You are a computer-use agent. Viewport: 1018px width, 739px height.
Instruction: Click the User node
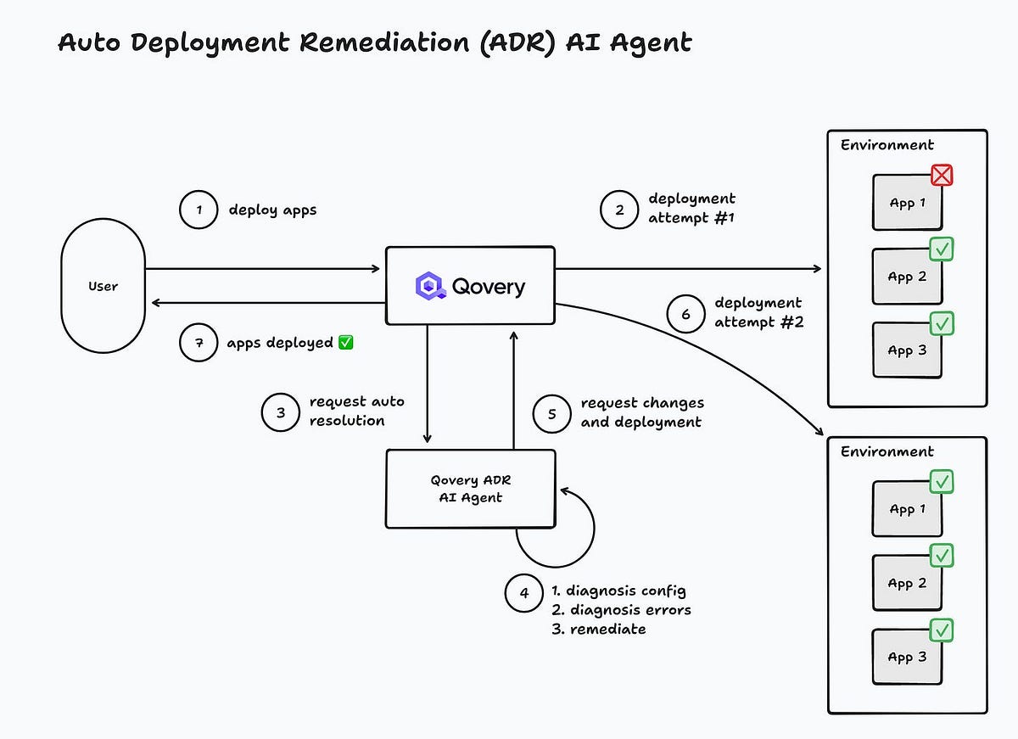pos(103,287)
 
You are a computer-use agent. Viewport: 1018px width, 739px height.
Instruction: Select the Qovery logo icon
pos(430,286)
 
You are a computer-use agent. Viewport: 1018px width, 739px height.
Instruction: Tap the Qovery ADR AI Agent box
pos(470,489)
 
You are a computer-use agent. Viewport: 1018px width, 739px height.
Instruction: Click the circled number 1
pos(199,210)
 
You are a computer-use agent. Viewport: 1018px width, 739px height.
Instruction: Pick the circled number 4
pos(523,593)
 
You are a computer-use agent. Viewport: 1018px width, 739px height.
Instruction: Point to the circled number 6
pos(685,314)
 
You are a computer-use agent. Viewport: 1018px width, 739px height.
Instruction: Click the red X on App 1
pos(942,176)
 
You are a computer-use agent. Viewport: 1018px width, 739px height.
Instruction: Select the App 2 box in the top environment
pos(907,277)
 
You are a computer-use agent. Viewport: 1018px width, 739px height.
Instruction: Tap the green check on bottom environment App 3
pos(942,630)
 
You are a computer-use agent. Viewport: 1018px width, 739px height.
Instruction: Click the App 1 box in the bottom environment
pos(907,509)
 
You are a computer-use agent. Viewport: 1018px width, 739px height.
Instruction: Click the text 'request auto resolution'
pos(356,411)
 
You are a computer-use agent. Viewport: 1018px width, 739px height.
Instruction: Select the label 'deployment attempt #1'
pos(691,209)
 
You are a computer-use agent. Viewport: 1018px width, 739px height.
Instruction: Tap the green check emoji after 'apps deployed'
pos(345,343)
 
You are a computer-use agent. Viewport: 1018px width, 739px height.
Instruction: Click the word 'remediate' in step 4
pos(607,629)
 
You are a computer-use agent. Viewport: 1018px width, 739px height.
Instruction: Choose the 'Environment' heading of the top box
pos(887,145)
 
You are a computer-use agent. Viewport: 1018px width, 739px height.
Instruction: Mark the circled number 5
pos(552,413)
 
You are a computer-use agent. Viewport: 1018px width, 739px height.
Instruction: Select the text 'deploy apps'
pos(272,210)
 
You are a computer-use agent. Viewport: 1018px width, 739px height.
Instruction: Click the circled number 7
pos(199,343)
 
